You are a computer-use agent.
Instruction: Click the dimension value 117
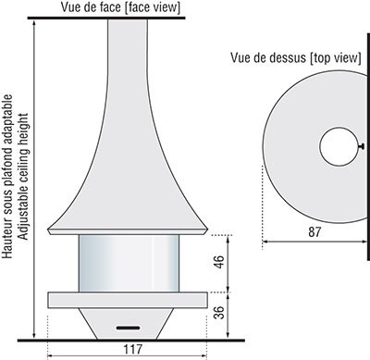(x=133, y=349)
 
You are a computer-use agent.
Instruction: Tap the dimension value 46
(x=219, y=262)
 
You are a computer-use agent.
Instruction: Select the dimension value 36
(x=219, y=313)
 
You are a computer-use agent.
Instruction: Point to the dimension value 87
(x=314, y=232)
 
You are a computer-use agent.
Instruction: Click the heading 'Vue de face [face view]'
(x=120, y=7)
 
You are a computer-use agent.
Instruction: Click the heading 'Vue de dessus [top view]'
(x=296, y=57)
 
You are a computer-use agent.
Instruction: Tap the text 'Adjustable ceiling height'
(x=23, y=177)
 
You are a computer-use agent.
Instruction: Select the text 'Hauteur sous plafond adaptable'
(x=7, y=177)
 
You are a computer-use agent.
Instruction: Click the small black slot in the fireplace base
(x=128, y=328)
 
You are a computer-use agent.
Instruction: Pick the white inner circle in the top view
(x=339, y=146)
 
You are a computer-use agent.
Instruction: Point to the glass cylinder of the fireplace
(x=129, y=263)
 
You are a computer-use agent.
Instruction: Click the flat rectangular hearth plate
(x=128, y=300)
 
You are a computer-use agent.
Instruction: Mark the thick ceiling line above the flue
(x=106, y=18)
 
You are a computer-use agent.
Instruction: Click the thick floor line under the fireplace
(x=131, y=341)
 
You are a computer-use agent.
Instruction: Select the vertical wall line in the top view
(x=368, y=146)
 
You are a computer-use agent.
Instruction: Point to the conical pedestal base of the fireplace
(x=127, y=324)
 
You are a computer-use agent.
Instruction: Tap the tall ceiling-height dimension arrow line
(x=34, y=179)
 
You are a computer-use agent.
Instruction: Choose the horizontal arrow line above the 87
(x=314, y=242)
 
